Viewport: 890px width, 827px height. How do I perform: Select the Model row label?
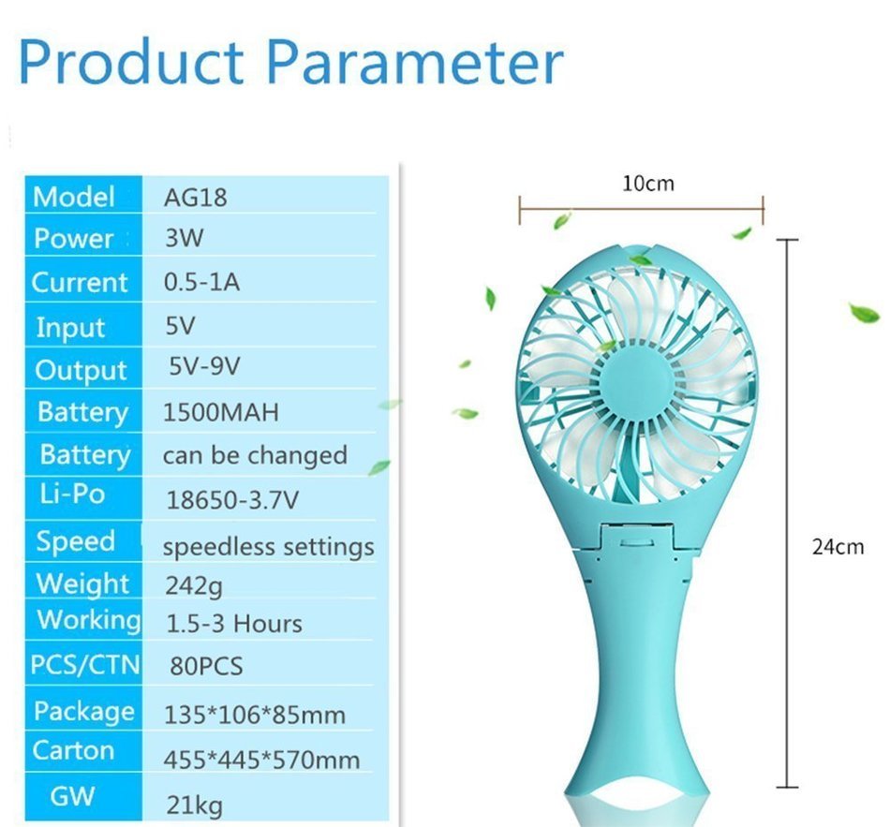click(x=74, y=197)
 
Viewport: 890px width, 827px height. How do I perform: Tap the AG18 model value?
click(x=196, y=197)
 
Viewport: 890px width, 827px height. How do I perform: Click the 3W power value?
click(x=184, y=238)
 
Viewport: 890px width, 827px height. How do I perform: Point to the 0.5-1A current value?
click(x=201, y=282)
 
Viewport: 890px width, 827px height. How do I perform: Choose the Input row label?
click(x=70, y=328)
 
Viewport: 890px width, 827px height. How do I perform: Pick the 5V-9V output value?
click(x=205, y=366)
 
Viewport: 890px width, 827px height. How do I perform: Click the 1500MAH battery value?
click(x=221, y=412)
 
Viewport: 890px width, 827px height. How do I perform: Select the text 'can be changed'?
click(x=255, y=456)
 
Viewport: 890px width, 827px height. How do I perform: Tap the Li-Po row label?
click(x=71, y=494)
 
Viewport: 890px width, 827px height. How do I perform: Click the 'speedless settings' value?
click(x=269, y=546)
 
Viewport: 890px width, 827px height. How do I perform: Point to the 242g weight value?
click(x=194, y=587)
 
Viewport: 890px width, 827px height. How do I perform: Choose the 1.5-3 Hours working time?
click(x=234, y=624)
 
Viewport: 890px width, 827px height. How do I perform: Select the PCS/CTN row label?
click(x=84, y=665)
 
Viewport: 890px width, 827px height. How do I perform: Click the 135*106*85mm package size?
click(x=255, y=716)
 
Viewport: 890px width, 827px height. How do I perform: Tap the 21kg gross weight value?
click(x=194, y=804)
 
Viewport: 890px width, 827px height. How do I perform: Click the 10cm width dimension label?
click(x=648, y=183)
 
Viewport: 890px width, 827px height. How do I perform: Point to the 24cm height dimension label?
click(x=838, y=546)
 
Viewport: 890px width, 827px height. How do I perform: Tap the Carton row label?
click(x=73, y=750)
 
